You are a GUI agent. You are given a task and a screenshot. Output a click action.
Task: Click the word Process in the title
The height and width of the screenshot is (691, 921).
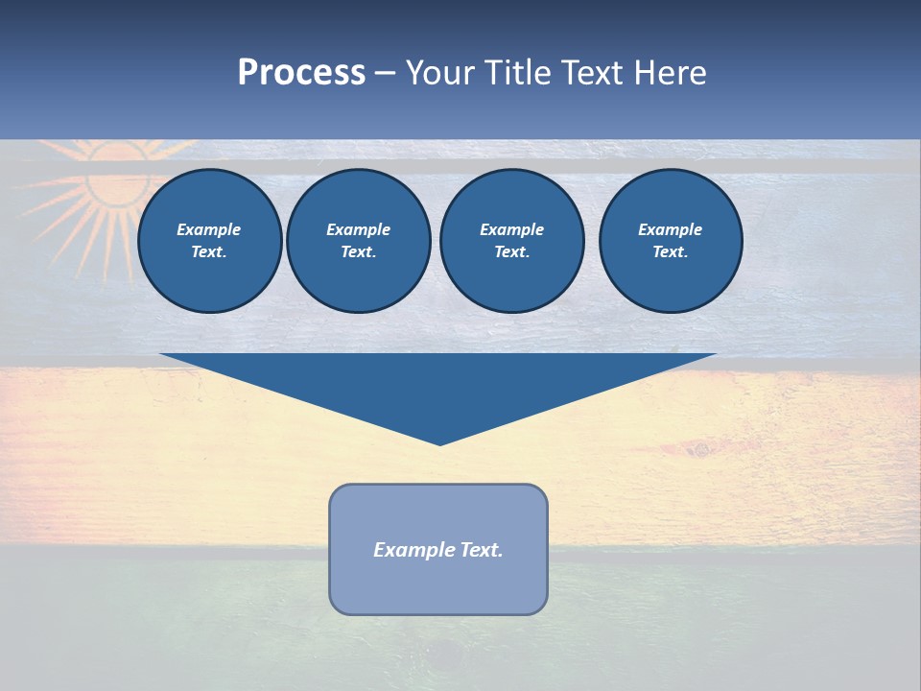301,73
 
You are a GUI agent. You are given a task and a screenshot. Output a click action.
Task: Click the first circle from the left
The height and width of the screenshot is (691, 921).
209,241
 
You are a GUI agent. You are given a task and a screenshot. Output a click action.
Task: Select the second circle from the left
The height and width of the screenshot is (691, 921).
358,241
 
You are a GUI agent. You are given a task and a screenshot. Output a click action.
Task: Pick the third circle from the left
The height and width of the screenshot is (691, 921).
511,241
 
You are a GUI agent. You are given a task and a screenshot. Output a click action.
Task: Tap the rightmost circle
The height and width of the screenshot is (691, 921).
670,241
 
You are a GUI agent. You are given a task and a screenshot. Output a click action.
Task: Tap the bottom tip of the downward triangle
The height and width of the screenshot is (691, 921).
439,443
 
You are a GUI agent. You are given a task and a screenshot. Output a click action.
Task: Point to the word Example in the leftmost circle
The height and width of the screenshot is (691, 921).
209,229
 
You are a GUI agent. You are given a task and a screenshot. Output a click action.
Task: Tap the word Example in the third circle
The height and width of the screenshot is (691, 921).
511,229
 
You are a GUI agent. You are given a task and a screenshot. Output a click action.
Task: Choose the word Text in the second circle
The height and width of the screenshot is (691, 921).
357,252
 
